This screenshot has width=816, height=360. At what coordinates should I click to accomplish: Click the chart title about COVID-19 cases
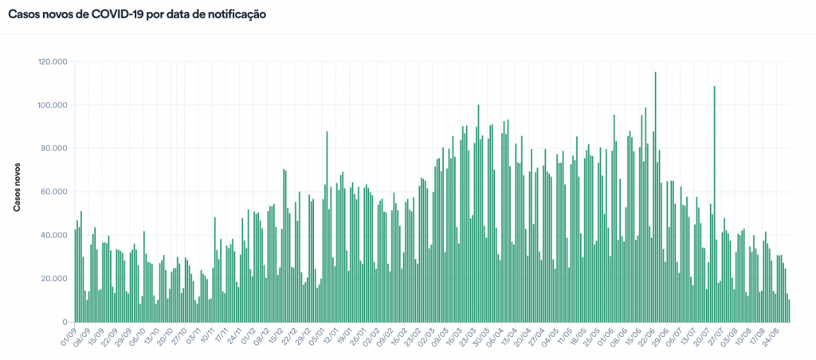[x=137, y=14]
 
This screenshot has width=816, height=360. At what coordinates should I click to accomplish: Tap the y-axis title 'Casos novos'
[x=17, y=188]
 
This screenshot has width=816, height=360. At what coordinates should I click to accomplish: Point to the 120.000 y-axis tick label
[x=53, y=62]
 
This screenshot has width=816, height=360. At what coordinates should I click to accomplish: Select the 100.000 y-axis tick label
[x=53, y=105]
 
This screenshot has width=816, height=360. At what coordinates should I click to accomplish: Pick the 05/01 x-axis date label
[x=318, y=335]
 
